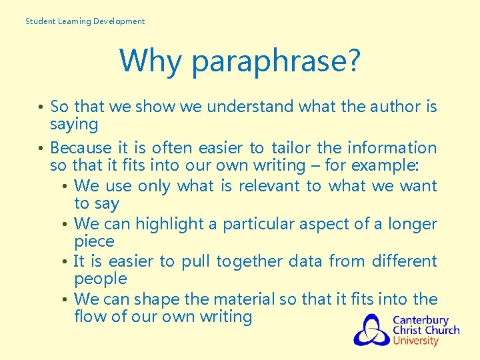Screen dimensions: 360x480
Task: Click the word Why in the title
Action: [x=150, y=61]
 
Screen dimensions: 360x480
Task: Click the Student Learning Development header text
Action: [x=85, y=21]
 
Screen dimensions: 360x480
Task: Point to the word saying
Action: [x=74, y=125]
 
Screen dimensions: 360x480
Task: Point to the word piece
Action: [x=94, y=241]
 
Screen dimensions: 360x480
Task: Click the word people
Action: [x=100, y=279]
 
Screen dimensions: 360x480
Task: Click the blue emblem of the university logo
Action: [x=371, y=330]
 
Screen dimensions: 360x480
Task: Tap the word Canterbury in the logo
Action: [x=420, y=320]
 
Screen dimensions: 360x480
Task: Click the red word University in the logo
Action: [x=415, y=341]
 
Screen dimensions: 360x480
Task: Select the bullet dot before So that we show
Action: [x=41, y=107]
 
